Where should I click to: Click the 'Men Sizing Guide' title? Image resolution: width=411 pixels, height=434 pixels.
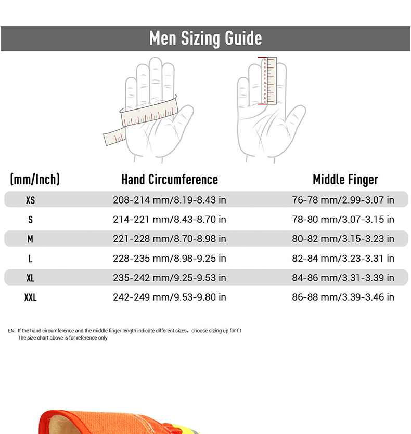205,38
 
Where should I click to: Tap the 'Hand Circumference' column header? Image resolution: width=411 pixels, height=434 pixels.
170,179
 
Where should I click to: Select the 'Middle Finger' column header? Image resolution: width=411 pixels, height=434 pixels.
345,180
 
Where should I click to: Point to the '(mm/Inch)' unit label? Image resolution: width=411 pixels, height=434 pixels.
35,179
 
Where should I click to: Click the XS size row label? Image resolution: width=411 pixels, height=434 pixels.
30,200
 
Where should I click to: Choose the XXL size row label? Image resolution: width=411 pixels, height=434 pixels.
30,297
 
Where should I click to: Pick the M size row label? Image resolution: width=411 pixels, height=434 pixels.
30,239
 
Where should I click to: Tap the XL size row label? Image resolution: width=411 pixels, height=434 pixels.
30,278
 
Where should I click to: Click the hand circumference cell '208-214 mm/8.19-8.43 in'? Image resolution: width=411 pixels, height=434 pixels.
170,200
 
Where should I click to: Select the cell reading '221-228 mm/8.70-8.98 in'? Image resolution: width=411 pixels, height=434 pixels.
170,239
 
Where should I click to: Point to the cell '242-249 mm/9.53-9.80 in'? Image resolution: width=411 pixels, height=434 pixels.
170,297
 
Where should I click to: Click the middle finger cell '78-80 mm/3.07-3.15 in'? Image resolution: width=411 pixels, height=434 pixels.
343,219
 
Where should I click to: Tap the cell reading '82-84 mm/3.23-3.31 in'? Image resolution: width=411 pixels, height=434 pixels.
343,258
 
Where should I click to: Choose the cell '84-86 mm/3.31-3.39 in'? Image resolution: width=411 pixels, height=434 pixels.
343,278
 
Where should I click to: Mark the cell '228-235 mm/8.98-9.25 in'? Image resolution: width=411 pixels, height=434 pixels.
170,258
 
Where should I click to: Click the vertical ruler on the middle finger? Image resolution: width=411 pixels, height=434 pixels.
268,80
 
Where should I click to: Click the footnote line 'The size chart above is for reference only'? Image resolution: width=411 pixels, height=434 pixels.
62,337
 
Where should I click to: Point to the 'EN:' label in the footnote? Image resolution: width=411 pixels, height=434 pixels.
11,331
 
